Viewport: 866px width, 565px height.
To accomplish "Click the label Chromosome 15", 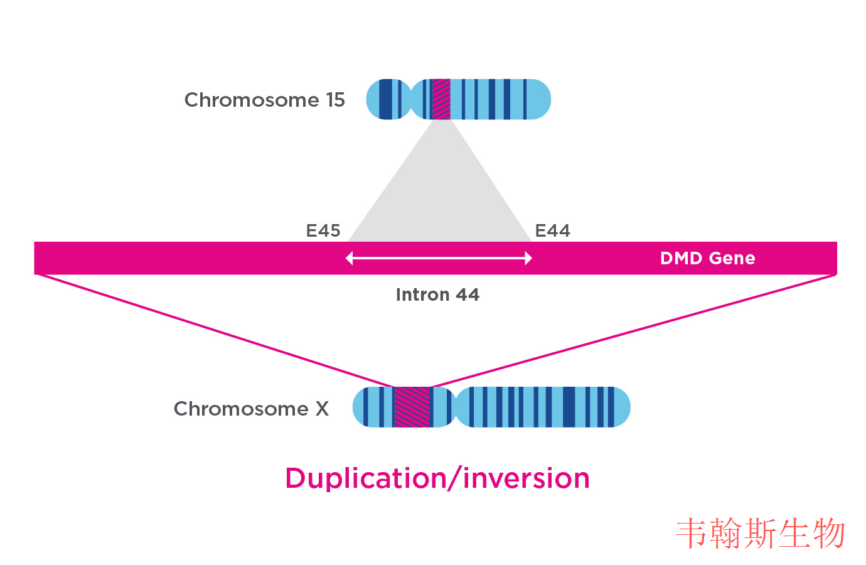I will tap(264, 100).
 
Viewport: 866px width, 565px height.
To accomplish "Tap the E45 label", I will tap(323, 231).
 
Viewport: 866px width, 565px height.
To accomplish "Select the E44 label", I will tap(552, 231).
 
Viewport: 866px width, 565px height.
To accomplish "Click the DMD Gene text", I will tap(707, 258).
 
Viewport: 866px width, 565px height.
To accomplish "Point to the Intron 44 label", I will tap(437, 294).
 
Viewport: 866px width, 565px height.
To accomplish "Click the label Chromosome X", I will tap(251, 409).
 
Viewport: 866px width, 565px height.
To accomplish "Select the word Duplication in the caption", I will tap(366, 478).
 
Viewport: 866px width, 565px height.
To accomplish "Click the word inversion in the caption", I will tap(527, 478).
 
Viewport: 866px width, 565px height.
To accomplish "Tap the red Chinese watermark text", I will tap(761, 534).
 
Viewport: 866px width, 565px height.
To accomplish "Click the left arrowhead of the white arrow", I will tap(350, 258).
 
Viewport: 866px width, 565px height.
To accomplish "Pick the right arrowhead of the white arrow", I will tap(528, 258).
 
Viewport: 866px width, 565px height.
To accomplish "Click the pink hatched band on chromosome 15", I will tap(441, 99).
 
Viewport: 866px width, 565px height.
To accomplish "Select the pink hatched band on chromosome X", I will tap(412, 407).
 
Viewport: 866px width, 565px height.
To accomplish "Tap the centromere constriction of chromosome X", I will tap(455, 407).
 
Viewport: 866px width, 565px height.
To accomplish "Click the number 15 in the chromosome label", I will tap(335, 100).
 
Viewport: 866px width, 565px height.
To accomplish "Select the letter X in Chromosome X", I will tap(322, 409).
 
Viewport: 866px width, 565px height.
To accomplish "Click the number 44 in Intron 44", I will tap(468, 294).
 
